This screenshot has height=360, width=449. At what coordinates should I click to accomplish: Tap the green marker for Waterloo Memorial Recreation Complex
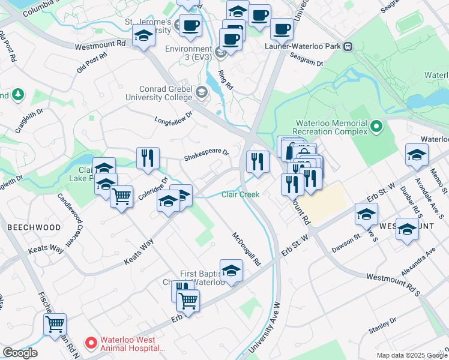click(x=376, y=127)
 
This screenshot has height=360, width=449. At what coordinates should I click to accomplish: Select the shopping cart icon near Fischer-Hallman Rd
click(x=55, y=325)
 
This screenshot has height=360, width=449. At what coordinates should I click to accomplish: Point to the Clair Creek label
click(x=240, y=194)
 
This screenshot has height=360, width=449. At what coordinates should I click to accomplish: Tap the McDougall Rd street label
click(x=247, y=250)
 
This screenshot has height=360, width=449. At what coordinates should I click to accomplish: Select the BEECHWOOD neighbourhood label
click(x=34, y=228)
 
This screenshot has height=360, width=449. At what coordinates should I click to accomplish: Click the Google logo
click(x=20, y=353)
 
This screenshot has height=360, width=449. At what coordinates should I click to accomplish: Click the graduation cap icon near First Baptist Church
click(x=231, y=271)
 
